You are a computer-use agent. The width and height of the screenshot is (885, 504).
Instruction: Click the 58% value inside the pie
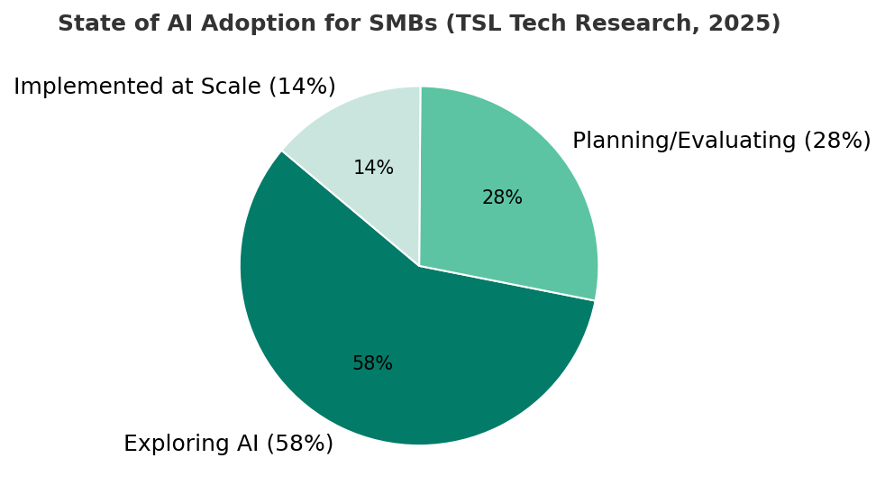tap(372, 364)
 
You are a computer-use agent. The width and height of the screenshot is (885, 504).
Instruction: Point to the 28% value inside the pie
tap(502, 198)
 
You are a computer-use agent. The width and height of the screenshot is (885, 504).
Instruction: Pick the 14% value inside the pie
tap(373, 169)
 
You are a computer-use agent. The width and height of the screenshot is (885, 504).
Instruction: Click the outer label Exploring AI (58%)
tap(228, 444)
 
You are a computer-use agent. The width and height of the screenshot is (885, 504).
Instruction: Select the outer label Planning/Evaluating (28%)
tap(721, 142)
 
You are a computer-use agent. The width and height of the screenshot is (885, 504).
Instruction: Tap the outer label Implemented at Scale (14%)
tap(174, 87)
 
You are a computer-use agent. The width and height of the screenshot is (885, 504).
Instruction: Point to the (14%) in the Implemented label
tap(306, 87)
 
